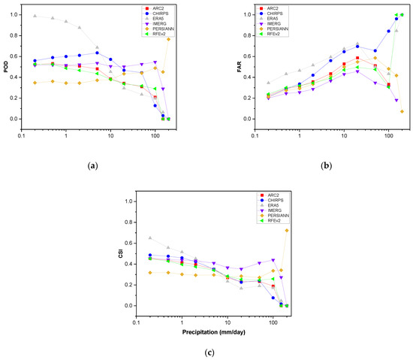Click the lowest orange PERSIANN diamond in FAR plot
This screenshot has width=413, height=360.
pyautogui.click(x=402, y=111)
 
